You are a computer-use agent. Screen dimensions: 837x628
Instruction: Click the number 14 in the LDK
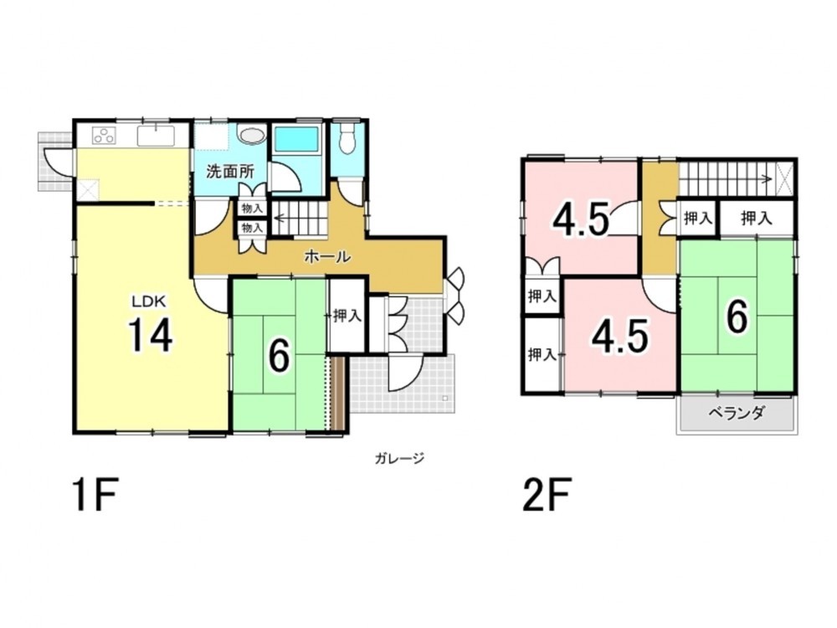click(x=151, y=335)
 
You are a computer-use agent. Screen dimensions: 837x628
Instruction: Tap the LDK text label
click(x=150, y=301)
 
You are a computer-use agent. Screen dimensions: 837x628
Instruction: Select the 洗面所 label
click(x=230, y=172)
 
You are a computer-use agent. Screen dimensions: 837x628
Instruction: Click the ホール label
click(x=327, y=257)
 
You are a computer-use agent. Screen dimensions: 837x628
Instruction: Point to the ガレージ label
click(x=399, y=458)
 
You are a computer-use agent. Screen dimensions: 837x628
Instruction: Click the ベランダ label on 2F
click(x=737, y=413)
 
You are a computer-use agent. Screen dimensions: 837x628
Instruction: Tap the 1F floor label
click(x=95, y=495)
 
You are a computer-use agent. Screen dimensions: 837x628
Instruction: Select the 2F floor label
click(x=547, y=495)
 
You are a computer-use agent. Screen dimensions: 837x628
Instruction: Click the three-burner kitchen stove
click(x=104, y=136)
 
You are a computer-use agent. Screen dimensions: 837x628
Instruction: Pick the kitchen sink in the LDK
click(x=156, y=136)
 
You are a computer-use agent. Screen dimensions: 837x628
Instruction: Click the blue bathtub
click(x=296, y=139)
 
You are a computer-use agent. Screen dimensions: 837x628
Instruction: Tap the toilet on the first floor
click(x=348, y=138)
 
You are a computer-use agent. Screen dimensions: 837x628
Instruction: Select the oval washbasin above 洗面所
click(x=251, y=135)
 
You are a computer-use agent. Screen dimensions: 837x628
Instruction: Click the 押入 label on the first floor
click(x=347, y=317)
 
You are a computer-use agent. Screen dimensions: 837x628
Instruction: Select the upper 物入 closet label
click(x=252, y=208)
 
